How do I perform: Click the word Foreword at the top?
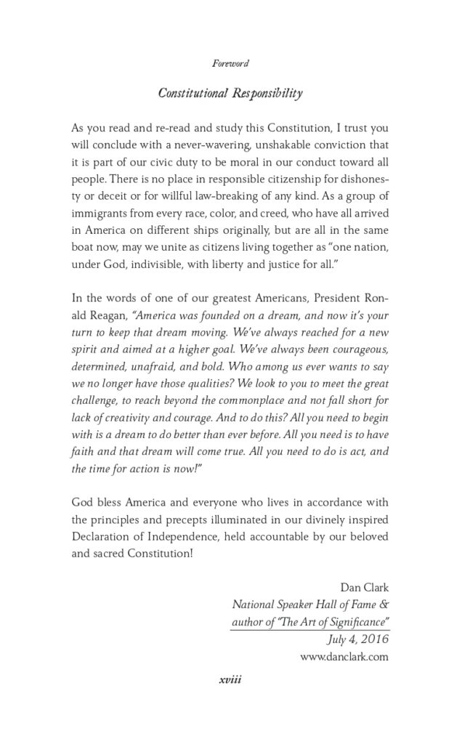(230, 63)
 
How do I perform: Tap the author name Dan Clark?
(365, 590)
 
